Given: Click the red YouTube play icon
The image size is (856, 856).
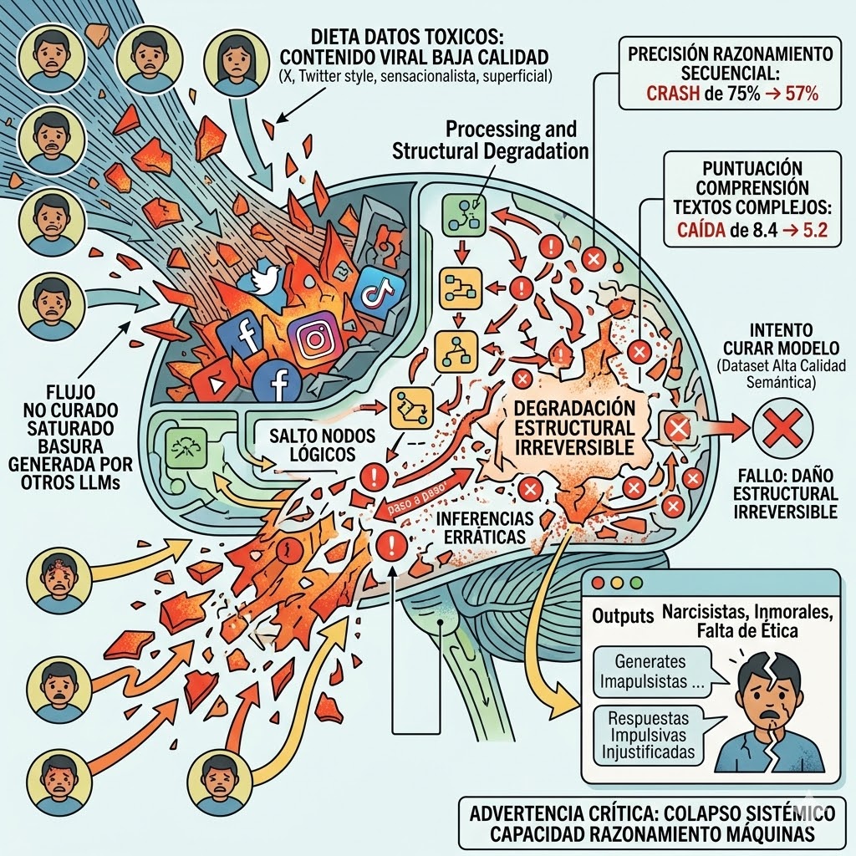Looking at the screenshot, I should [x=211, y=384].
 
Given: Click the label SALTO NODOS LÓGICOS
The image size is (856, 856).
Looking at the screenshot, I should [x=312, y=446].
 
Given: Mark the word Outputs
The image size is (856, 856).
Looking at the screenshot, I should [x=622, y=616].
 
